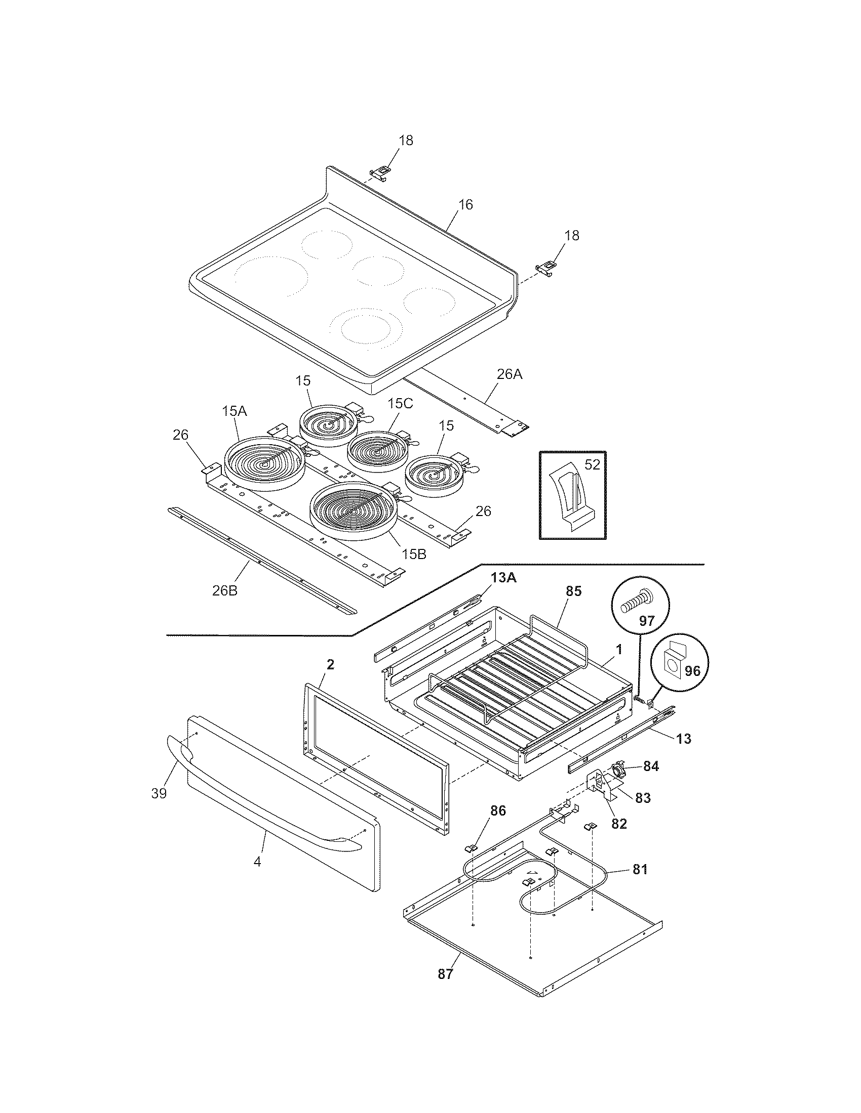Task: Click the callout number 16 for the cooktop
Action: point(465,205)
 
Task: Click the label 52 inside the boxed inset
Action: point(592,465)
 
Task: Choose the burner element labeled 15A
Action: point(265,463)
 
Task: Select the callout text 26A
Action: point(510,374)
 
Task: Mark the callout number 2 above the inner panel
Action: point(330,665)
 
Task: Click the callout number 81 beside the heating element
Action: point(640,869)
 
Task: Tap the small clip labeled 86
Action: point(471,848)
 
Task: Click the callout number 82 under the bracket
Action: point(619,824)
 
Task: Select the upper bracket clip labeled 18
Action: point(379,173)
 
